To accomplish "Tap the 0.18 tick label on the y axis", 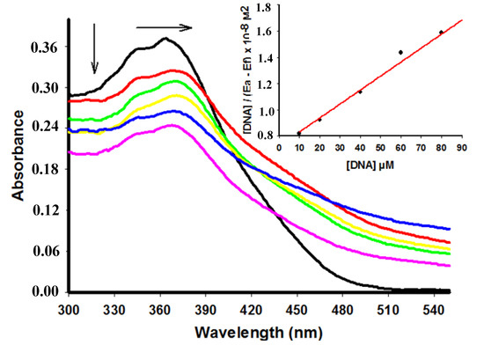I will tap(44, 169).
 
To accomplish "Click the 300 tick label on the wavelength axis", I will tap(70, 312).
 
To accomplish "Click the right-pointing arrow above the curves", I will tap(164, 26).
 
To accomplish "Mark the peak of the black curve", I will tap(165, 39).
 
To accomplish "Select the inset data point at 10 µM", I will tap(299, 133).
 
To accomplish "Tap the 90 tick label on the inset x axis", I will tap(461, 150).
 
